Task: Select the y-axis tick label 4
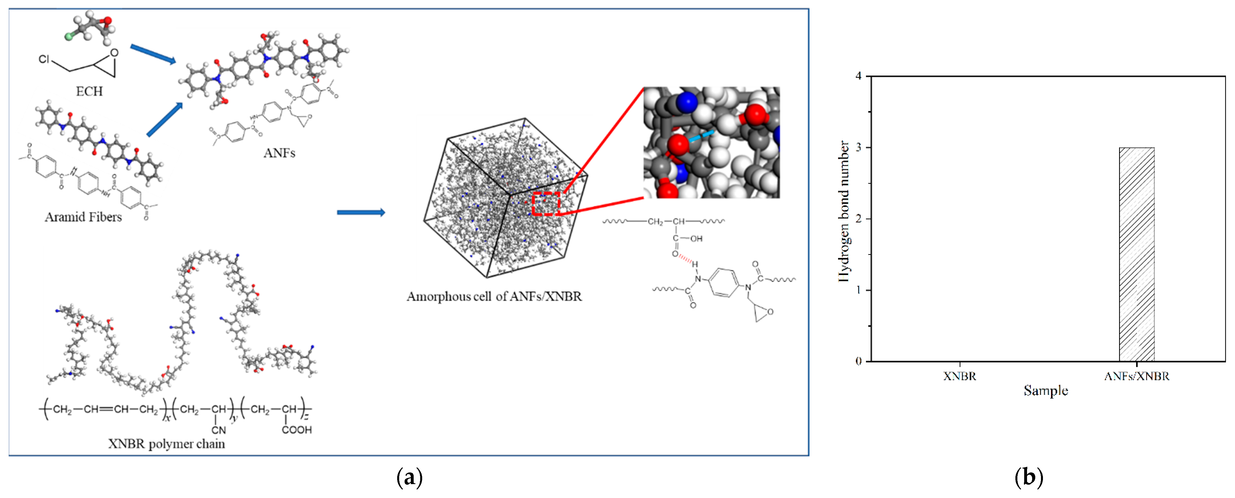click(858, 76)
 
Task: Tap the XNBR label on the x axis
click(959, 376)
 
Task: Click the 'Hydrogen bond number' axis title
click(844, 211)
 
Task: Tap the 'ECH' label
click(89, 91)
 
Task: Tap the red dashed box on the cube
click(545, 203)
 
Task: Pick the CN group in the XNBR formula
click(219, 430)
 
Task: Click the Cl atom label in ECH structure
click(44, 59)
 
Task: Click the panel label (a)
click(409, 477)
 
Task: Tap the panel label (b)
click(1028, 477)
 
